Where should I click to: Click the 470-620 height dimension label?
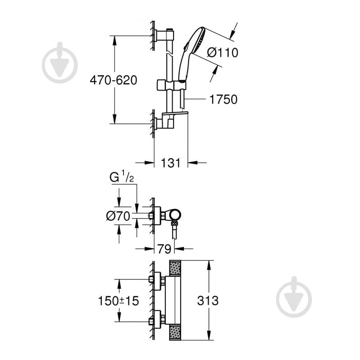pyautogui.click(x=113, y=80)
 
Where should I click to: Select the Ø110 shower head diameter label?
pyautogui.click(x=222, y=53)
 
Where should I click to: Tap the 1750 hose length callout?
pyautogui.click(x=223, y=100)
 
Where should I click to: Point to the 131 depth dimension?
pyautogui.click(x=171, y=163)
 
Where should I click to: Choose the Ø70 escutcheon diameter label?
pyautogui.click(x=118, y=216)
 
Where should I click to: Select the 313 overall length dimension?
pyautogui.click(x=220, y=301)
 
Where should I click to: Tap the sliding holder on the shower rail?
pyautogui.click(x=171, y=85)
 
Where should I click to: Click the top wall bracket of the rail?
pyautogui.click(x=163, y=35)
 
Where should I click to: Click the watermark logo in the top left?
pyautogui.click(x=60, y=63)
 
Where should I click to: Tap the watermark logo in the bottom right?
pyautogui.click(x=294, y=297)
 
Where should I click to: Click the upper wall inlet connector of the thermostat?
pyautogui.click(x=157, y=280)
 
